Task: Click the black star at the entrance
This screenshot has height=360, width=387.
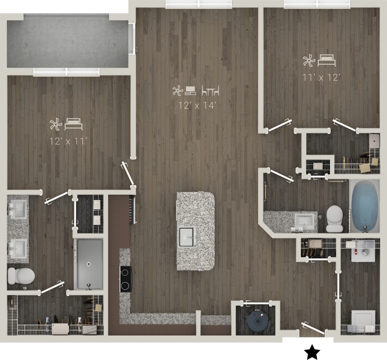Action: (312, 352)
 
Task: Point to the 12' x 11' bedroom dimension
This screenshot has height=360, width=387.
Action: (68, 141)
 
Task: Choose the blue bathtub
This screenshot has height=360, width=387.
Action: (364, 207)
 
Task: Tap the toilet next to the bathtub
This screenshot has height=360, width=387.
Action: (334, 218)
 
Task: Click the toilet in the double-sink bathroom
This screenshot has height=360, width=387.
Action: (21, 276)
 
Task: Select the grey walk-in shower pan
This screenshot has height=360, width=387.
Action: (89, 264)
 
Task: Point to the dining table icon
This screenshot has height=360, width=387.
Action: (210, 91)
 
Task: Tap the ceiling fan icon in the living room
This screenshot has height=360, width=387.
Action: (177, 91)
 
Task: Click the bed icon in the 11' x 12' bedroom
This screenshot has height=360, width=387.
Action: (327, 60)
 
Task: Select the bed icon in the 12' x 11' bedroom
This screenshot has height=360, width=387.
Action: (73, 125)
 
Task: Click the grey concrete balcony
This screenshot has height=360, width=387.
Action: (68, 43)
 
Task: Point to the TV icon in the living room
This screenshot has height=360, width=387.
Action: (190, 91)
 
